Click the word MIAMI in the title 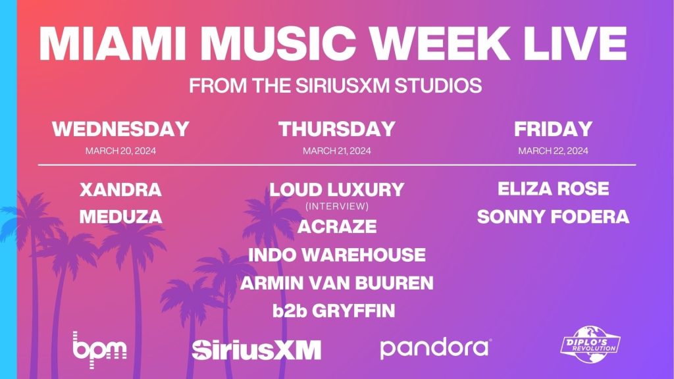(112, 44)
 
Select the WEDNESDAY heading (121, 129)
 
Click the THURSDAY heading (337, 129)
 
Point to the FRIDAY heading (553, 129)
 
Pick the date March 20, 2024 (121, 151)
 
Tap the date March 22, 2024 (553, 151)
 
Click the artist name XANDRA (121, 189)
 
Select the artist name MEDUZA (121, 216)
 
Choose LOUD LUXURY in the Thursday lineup (337, 189)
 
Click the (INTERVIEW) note (337, 206)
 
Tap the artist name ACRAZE (337, 226)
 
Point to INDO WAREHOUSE (337, 255)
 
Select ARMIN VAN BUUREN (337, 283)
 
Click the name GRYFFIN (353, 311)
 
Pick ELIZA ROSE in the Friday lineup (553, 189)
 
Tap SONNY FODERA (553, 216)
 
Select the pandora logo (436, 349)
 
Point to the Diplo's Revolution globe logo (590, 345)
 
